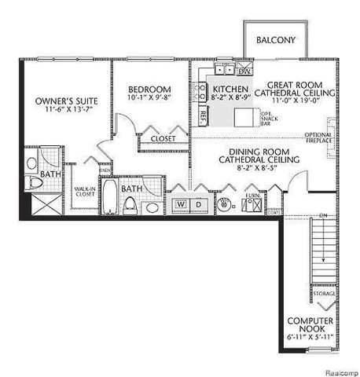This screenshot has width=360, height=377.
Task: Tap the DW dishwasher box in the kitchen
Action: (x=244, y=71)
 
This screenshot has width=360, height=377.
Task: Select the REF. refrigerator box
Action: (x=203, y=115)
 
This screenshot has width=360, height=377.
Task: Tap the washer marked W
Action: (x=181, y=204)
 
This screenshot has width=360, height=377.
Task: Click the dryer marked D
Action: (x=198, y=204)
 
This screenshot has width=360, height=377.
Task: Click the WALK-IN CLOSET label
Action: (x=84, y=192)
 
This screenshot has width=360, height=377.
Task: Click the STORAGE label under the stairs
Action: (x=325, y=294)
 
